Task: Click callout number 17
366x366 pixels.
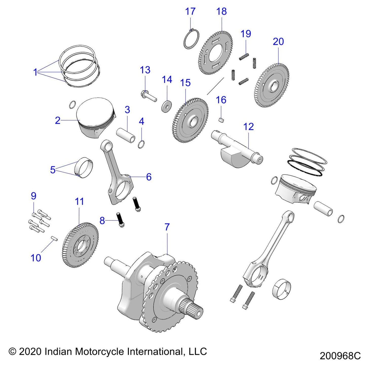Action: point(190,12)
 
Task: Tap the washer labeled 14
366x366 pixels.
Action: point(167,106)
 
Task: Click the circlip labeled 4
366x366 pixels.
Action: point(142,144)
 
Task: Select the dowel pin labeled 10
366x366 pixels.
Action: point(54,238)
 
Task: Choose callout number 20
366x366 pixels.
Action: point(278,42)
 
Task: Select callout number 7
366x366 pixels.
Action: point(167,227)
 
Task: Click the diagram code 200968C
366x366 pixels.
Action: point(340,356)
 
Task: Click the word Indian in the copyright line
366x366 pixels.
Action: point(60,352)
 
